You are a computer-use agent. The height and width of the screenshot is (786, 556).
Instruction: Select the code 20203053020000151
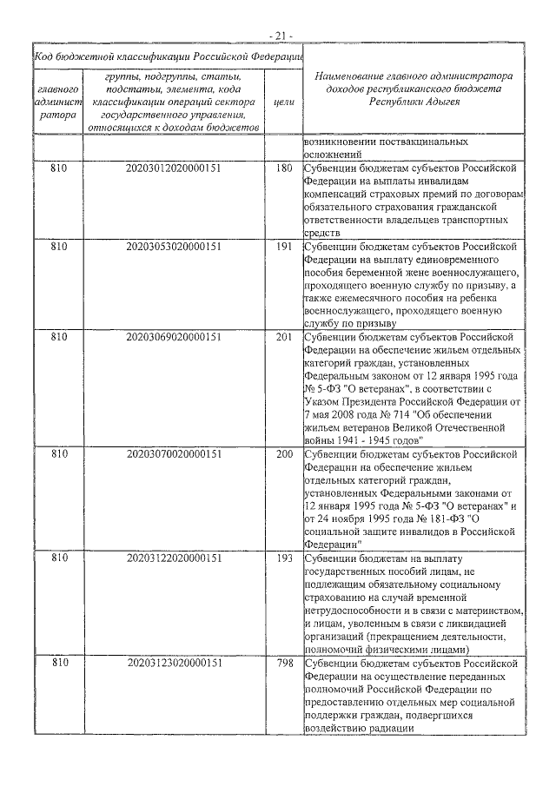174,247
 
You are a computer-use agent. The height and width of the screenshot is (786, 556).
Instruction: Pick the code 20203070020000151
174,454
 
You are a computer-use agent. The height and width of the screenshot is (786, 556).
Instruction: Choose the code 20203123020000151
174,663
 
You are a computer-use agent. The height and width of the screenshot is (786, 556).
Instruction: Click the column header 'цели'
283,102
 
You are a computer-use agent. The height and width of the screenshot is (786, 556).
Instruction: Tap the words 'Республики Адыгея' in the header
414,102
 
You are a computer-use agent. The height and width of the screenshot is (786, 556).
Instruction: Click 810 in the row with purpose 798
59,663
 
